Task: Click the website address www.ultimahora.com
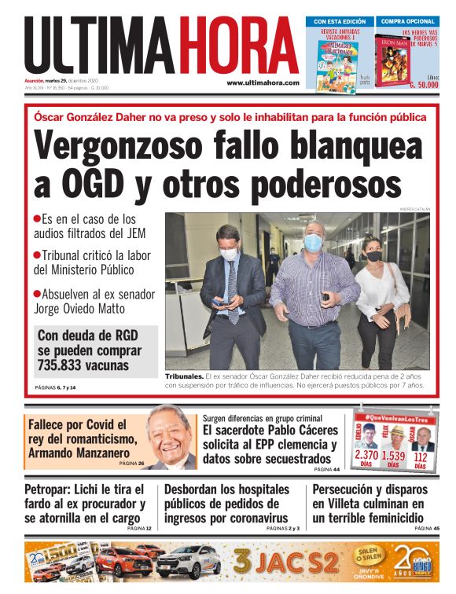pos(263,82)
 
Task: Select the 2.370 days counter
pos(366,455)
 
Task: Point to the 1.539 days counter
pos(393,455)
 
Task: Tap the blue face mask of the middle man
pos(312,243)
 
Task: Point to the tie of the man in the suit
pos(232,291)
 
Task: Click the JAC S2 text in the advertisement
pos(287,563)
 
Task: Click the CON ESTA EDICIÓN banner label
pos(340,21)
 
